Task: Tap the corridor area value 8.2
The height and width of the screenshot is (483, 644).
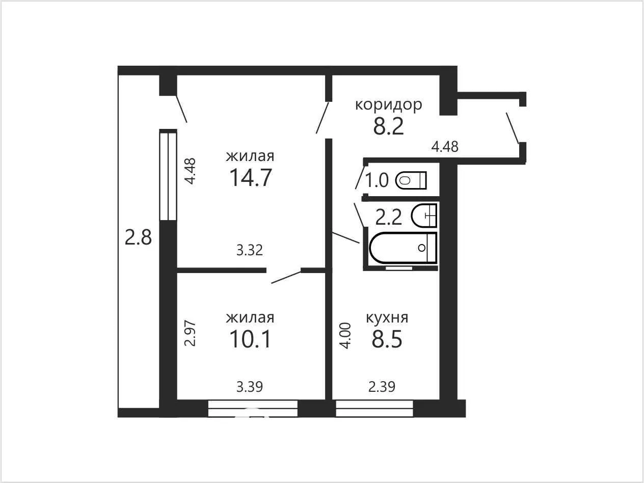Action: [x=388, y=126]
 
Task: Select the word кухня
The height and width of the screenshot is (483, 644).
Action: [x=387, y=317]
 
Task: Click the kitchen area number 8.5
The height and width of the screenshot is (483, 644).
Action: [x=387, y=339]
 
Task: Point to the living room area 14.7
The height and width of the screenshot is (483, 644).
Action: [x=250, y=177]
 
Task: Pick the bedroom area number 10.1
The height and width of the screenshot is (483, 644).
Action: [x=250, y=339]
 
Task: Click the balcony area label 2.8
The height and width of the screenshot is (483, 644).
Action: [x=138, y=237]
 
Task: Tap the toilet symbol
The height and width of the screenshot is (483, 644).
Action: [x=411, y=180]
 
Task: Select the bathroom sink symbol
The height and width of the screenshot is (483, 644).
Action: [x=424, y=216]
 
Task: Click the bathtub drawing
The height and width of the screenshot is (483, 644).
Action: [x=403, y=248]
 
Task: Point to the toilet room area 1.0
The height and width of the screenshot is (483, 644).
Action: [x=377, y=180]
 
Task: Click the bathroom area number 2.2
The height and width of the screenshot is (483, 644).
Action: [x=388, y=218]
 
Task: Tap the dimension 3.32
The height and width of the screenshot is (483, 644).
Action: [x=250, y=251]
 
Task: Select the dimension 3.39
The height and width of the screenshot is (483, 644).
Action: [x=250, y=387]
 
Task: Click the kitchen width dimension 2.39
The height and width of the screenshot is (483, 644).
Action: [x=382, y=387]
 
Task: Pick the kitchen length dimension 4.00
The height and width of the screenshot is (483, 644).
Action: [x=345, y=336]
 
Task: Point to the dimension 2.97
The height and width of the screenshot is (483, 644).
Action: [x=190, y=333]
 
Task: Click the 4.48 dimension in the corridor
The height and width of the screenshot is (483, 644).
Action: [x=445, y=147]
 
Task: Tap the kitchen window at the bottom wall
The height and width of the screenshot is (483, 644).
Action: [x=374, y=409]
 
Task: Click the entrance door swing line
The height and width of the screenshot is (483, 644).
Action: [x=512, y=128]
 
